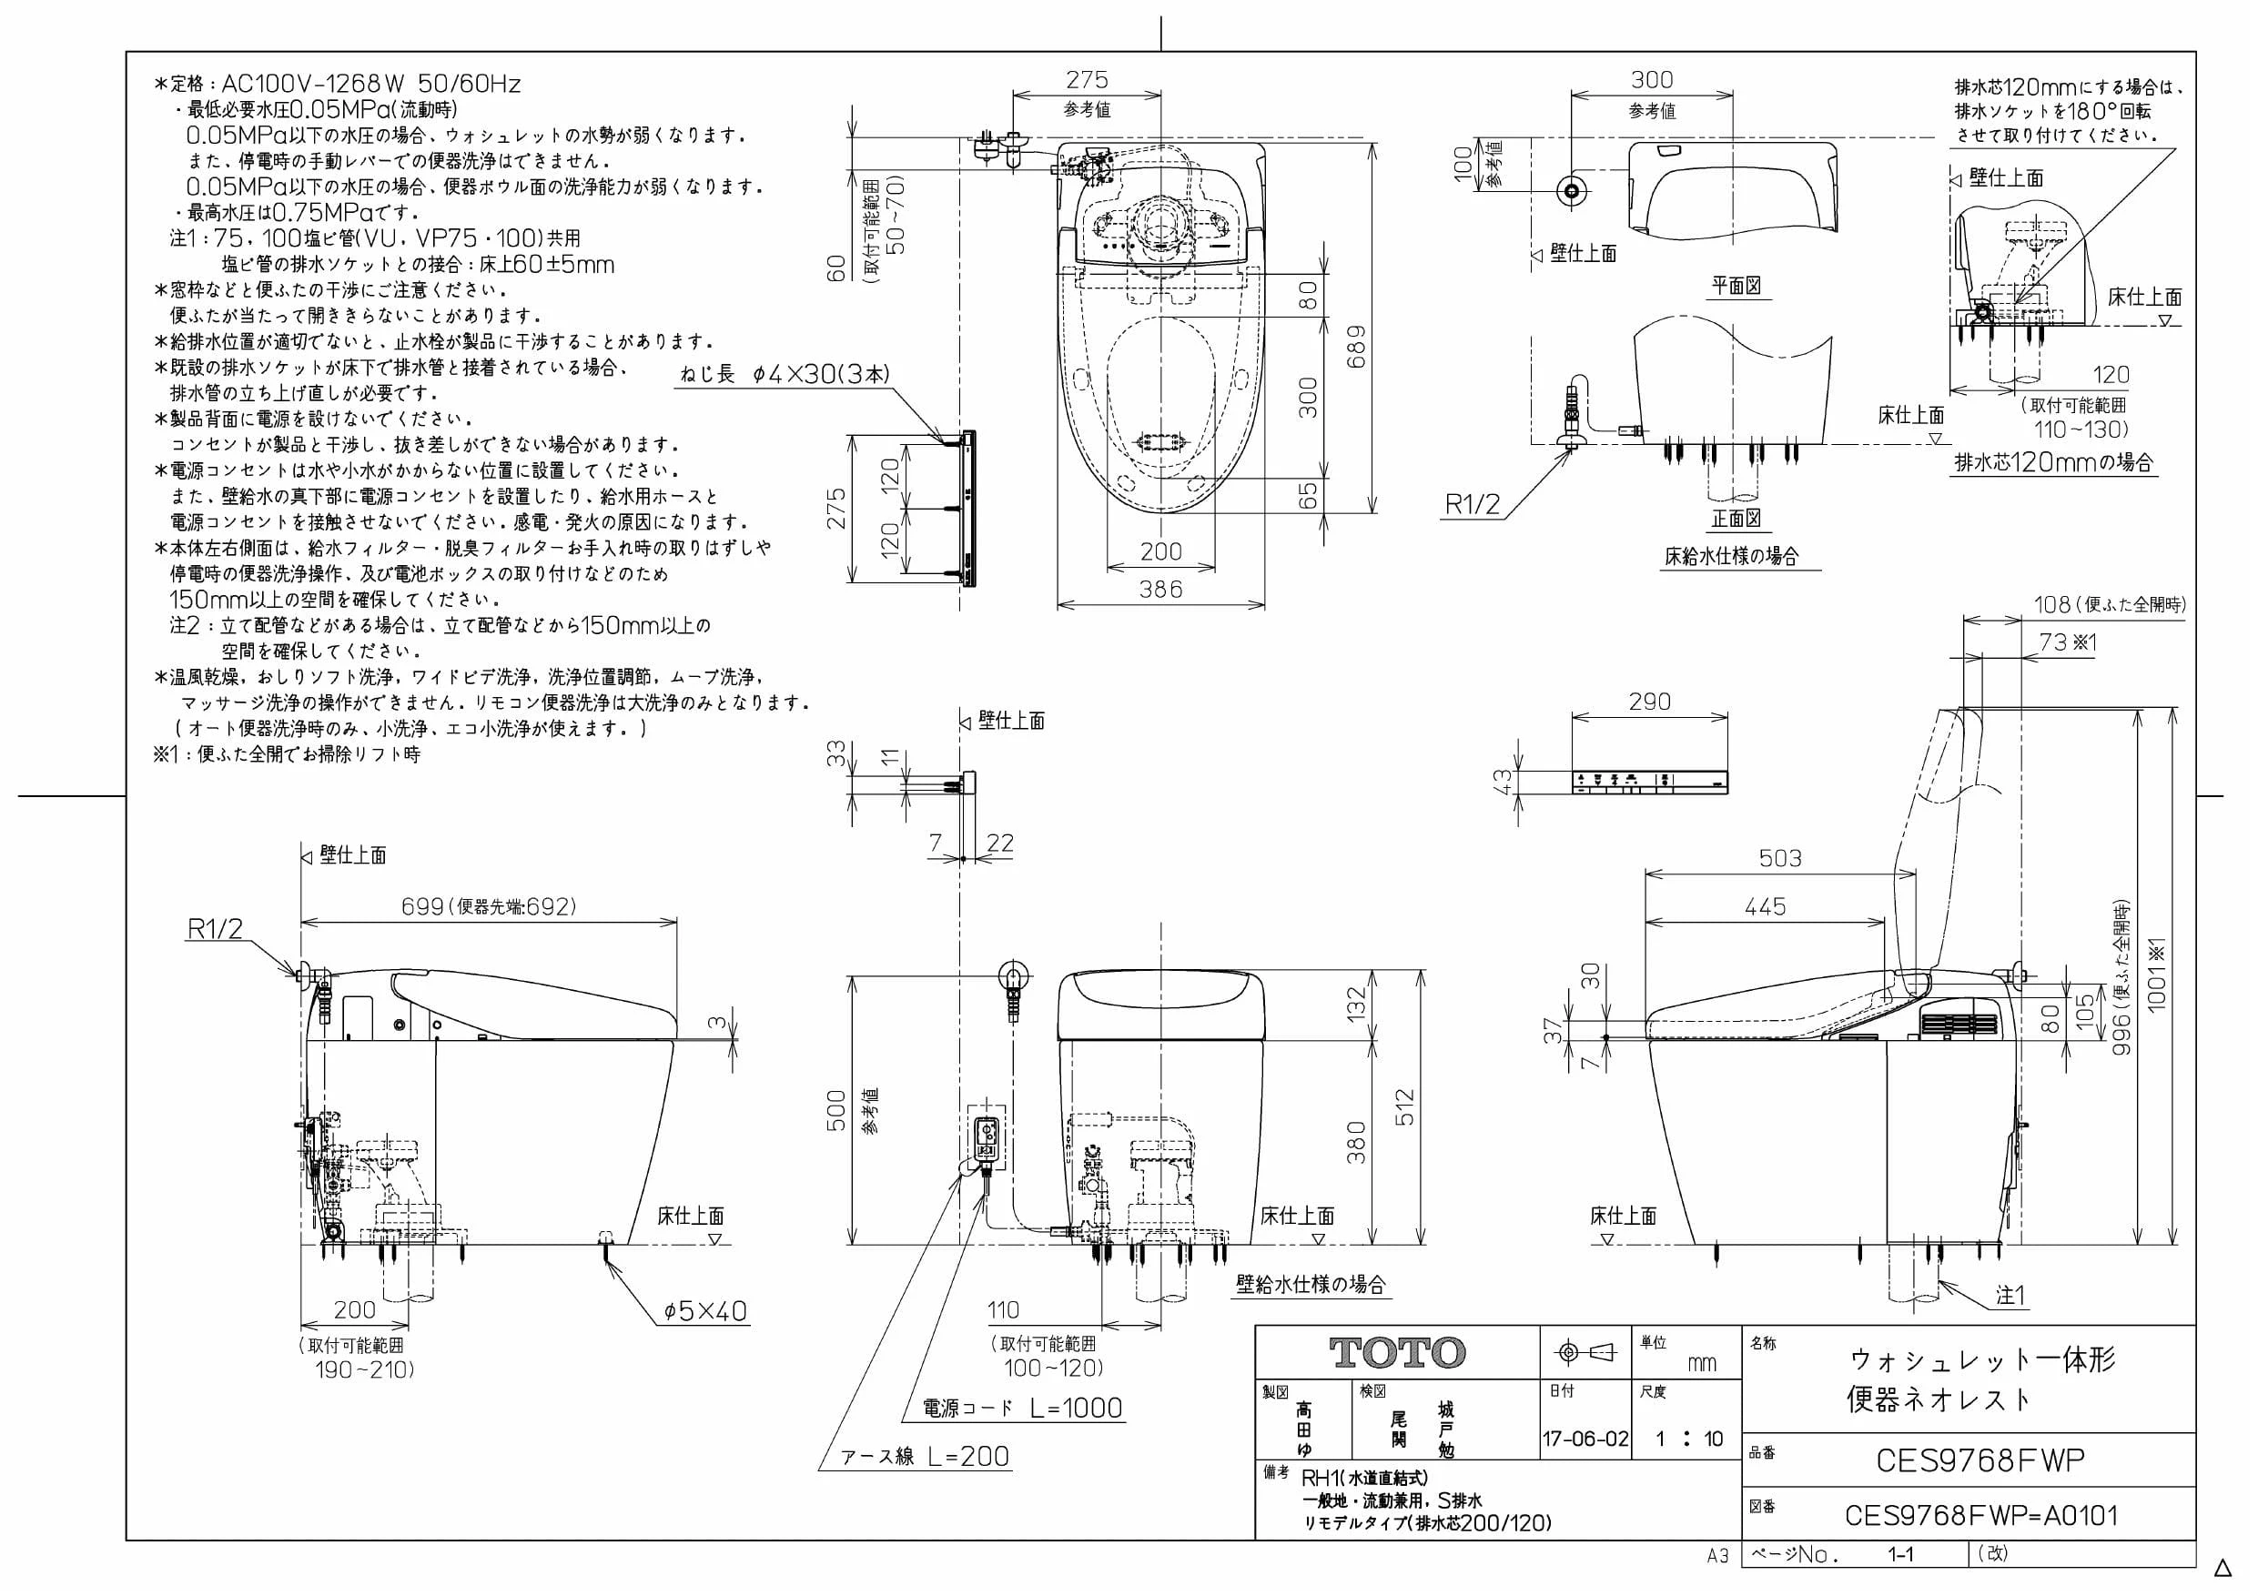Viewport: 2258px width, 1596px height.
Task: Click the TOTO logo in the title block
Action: coord(1397,1353)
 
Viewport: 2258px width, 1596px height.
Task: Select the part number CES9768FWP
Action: coord(1980,1460)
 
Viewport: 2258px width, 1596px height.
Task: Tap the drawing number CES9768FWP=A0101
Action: coord(1980,1515)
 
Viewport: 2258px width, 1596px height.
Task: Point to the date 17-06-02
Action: coord(1585,1439)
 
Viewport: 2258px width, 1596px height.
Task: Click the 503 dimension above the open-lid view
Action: coord(1780,858)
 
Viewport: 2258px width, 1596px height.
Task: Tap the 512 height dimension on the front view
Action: coord(1405,1107)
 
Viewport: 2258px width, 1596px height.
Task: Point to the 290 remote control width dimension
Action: coord(1649,702)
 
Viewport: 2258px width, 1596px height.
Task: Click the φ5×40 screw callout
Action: coord(705,1311)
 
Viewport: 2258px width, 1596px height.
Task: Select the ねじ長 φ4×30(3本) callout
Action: coord(784,375)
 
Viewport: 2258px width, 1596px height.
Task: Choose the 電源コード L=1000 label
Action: coord(1022,1409)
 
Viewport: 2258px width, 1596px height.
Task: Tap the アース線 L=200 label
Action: coord(926,1457)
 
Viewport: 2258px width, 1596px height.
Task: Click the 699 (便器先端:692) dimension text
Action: coord(489,905)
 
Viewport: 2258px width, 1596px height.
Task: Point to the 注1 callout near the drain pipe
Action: coord(2010,1296)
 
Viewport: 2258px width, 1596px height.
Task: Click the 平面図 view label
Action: coord(1736,285)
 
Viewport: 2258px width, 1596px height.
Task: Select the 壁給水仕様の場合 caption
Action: coord(1311,1284)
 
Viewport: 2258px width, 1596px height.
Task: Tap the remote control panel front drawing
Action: coord(1649,782)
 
